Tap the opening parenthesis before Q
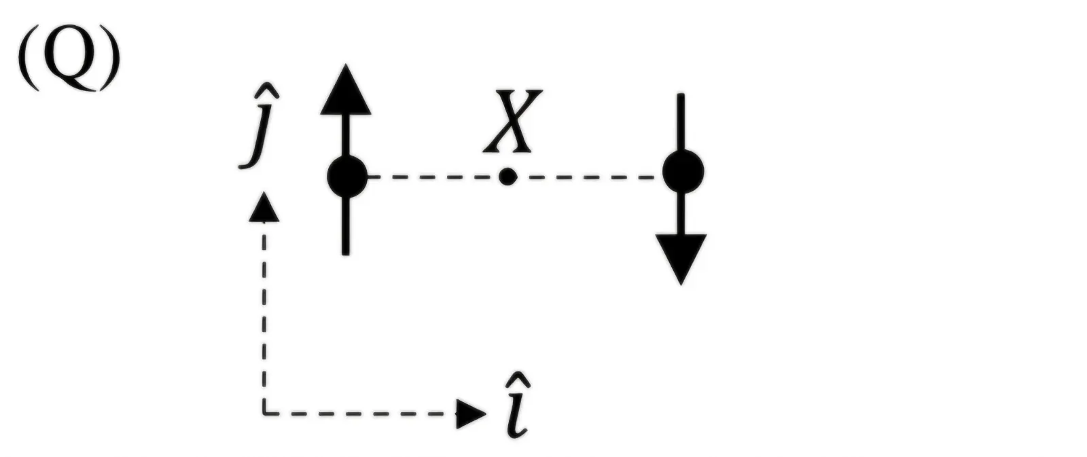30,57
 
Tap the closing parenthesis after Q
109,57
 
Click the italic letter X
512,120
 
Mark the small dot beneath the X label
507,177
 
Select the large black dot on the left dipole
347,177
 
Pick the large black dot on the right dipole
683,172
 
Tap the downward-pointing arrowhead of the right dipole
681,259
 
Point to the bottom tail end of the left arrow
346,253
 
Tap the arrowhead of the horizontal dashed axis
471,414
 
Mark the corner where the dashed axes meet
264,414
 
